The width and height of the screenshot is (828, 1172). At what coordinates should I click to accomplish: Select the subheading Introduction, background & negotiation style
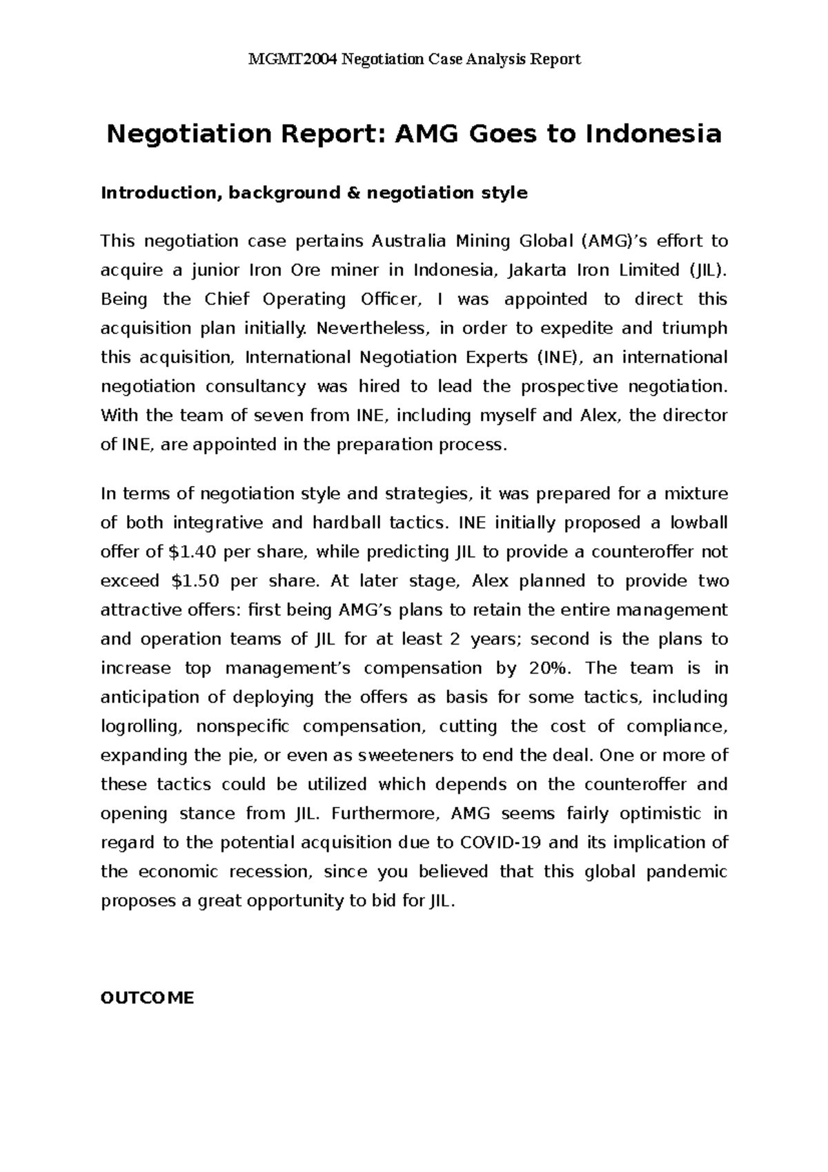[314, 193]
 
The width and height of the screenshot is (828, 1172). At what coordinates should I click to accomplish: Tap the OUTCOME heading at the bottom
[147, 997]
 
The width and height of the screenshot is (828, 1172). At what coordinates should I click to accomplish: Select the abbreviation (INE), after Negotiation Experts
[560, 358]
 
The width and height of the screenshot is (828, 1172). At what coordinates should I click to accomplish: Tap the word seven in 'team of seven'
[280, 416]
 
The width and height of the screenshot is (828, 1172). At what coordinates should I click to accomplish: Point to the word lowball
[698, 523]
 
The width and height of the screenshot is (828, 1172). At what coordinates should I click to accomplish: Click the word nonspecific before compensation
[243, 727]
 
